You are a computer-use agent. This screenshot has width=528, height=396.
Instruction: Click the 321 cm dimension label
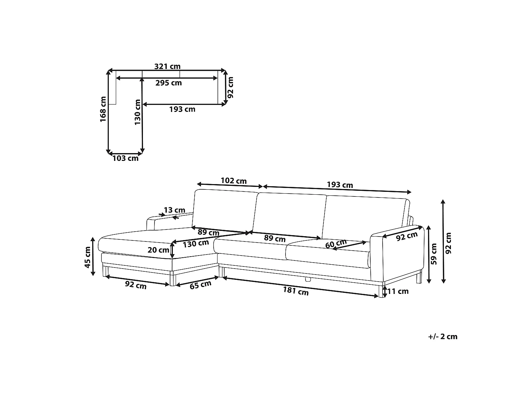coord(167,66)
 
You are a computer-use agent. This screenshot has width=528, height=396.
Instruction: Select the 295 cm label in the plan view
coord(168,83)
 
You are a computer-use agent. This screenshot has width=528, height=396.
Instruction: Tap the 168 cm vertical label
coord(103,109)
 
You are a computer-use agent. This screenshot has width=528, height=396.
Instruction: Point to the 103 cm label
coord(126,158)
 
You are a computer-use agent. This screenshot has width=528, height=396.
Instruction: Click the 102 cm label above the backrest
coord(234,181)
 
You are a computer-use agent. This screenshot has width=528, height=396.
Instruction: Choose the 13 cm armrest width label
coord(174,210)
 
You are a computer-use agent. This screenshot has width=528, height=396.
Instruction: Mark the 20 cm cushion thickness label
coord(158,250)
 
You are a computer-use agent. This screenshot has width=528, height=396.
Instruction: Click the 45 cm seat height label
coord(88,257)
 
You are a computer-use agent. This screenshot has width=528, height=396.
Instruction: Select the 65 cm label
coord(200,285)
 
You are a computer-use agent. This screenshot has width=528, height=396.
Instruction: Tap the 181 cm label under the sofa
coord(296,291)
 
